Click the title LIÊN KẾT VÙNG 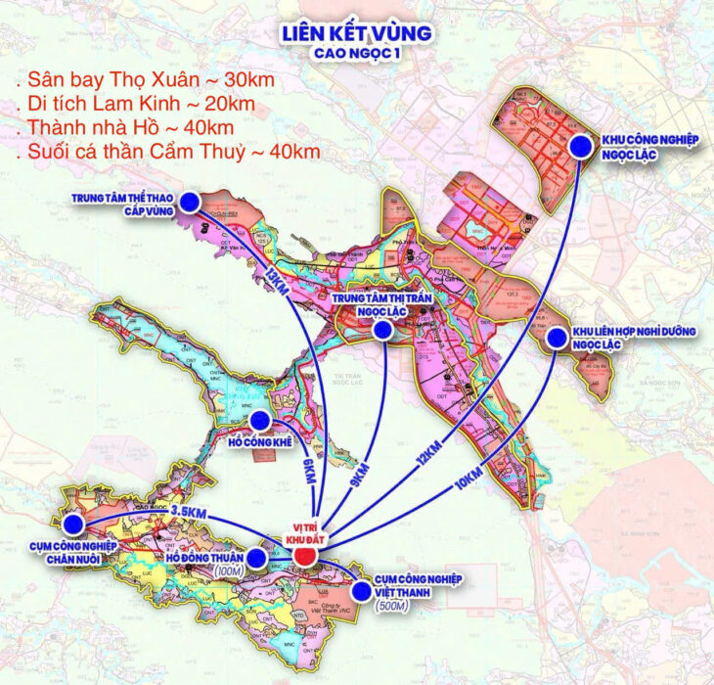356,33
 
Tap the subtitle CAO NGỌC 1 356,54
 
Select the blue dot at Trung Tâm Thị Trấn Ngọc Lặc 384,330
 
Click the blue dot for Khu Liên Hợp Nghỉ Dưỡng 557,339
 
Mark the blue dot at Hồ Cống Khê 259,420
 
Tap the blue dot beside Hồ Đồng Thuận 257,559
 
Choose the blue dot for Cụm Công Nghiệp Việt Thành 363,589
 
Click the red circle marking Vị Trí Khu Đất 306,557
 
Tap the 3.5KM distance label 187,512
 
